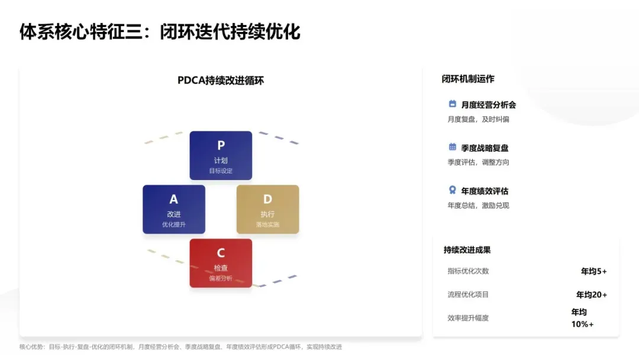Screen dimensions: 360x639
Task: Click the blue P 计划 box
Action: coord(221,155)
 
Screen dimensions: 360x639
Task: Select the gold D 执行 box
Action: coord(267,209)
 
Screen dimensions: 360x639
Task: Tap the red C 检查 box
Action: coord(221,263)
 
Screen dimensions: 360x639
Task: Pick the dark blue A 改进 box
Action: coord(174,209)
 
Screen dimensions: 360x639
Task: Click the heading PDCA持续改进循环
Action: coord(221,81)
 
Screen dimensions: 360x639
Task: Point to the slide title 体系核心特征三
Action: coord(160,31)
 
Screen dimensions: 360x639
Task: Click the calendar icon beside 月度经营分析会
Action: coord(453,104)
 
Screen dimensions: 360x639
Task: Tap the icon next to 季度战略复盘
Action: coord(453,147)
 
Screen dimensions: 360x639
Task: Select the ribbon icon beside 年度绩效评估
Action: coord(453,190)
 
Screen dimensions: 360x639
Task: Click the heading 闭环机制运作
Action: coord(468,79)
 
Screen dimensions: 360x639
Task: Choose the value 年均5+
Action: coord(593,271)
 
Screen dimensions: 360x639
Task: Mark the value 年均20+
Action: coord(591,294)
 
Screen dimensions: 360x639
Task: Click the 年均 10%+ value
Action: coord(582,318)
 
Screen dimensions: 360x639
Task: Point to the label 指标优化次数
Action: coord(468,271)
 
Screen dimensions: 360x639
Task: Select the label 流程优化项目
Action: coord(468,294)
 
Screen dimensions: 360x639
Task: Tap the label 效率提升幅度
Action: coord(468,318)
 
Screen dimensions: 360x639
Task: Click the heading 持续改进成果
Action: coord(467,250)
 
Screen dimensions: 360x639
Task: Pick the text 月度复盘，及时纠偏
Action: coord(478,119)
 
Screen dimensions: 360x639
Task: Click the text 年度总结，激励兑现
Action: coord(478,205)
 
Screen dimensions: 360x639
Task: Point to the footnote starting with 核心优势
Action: coord(180,347)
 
